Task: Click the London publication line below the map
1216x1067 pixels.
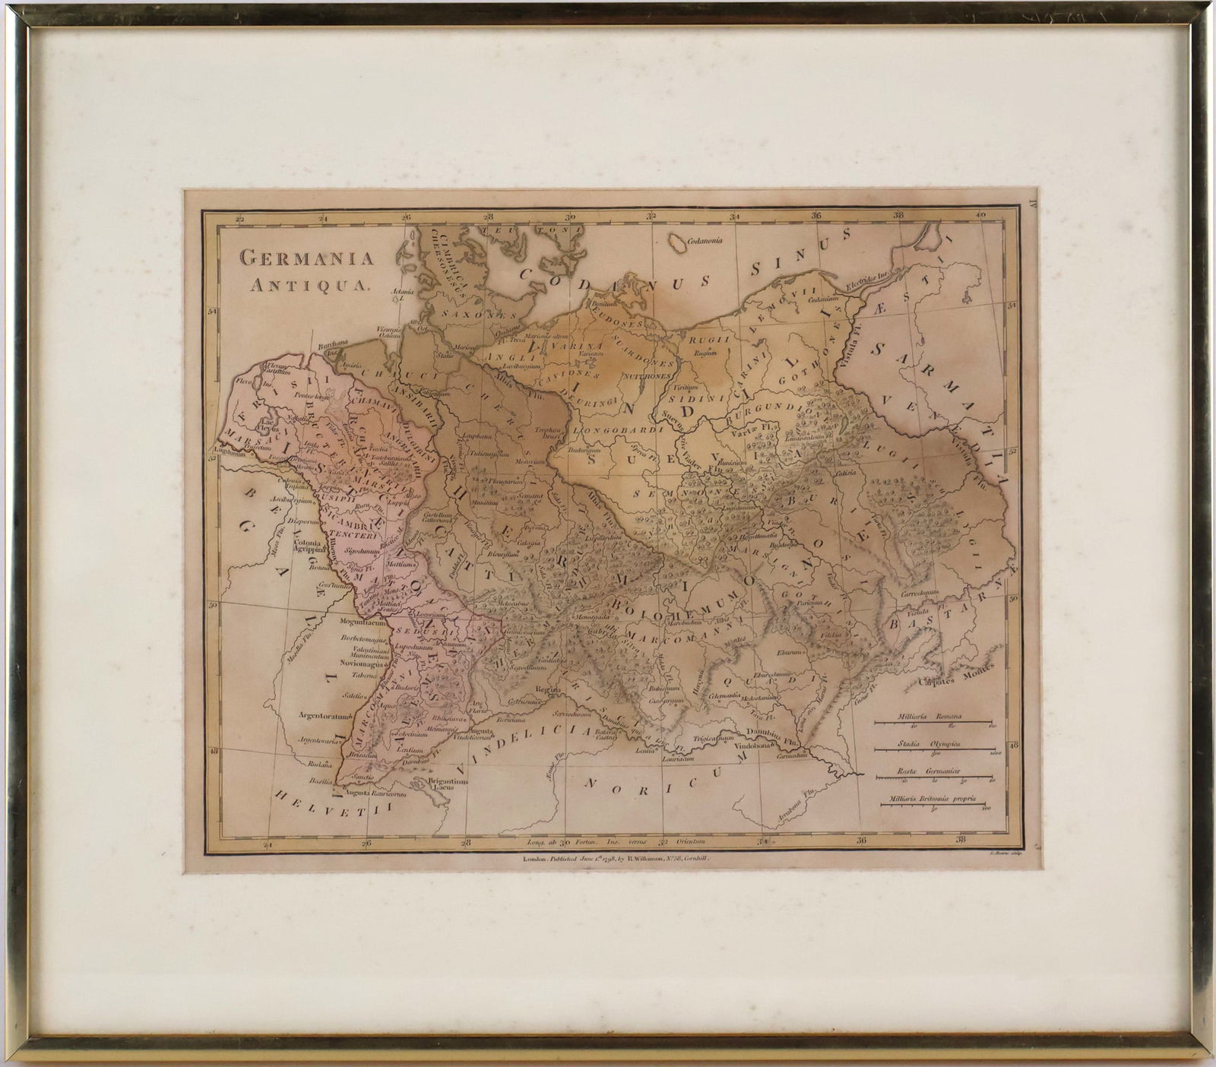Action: coord(616,857)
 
